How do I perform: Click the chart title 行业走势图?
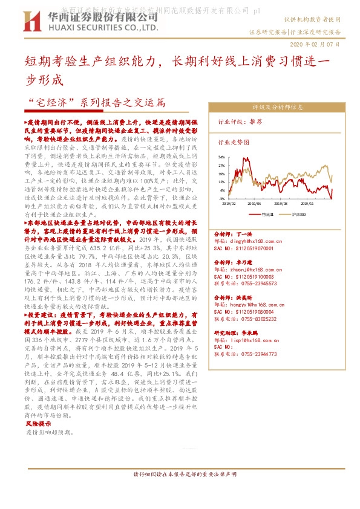coord(233,142)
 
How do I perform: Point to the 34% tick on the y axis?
coord(221,157)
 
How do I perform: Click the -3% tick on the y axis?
coord(222,198)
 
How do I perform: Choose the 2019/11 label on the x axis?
coord(308,204)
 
